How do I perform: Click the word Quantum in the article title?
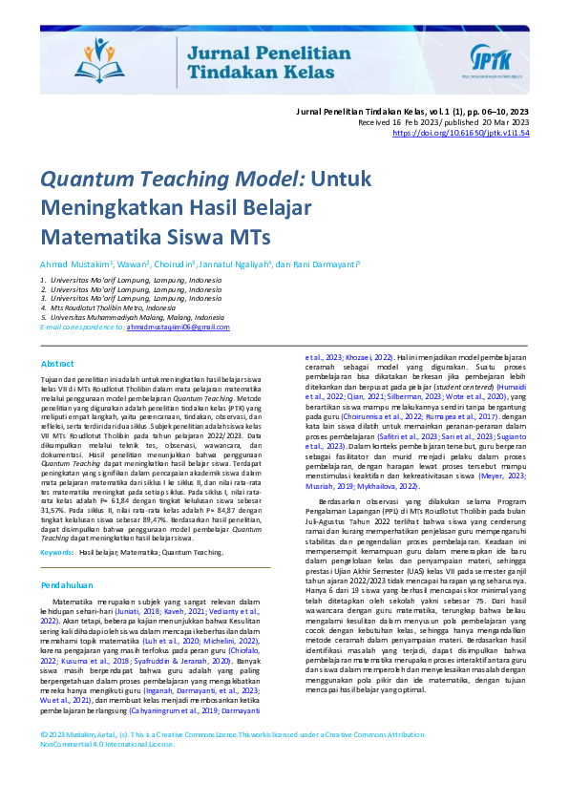(x=104, y=180)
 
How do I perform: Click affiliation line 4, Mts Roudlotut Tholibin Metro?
(x=113, y=308)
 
